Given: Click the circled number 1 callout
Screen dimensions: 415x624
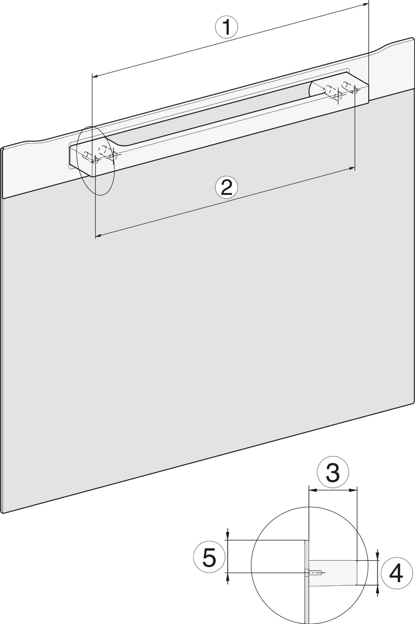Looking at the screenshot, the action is [227, 27].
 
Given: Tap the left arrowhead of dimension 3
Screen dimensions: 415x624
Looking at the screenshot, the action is [313, 490].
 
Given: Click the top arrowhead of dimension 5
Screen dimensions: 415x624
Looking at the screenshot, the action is [228, 535].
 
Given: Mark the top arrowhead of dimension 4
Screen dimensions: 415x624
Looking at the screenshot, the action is [378, 556].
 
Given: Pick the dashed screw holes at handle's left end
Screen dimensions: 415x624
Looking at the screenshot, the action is [100, 154].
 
